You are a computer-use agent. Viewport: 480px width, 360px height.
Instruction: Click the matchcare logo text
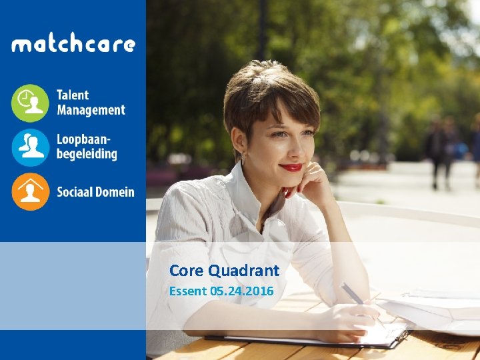pos(73,45)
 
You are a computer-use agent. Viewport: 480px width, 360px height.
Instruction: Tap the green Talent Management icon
pos(30,103)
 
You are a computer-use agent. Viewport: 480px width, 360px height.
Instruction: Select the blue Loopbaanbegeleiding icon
pos(30,147)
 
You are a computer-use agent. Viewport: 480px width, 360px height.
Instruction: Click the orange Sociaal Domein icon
pos(30,192)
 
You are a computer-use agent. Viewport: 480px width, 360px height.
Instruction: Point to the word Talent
pos(73,95)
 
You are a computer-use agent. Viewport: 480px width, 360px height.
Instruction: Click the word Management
pos(91,110)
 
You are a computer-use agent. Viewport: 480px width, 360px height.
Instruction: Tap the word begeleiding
pos(87,155)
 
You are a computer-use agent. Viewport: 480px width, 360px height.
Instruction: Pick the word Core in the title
pos(187,271)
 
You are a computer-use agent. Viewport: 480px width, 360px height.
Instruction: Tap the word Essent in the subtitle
pos(188,291)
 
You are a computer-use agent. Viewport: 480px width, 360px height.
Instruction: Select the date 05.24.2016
pos(241,291)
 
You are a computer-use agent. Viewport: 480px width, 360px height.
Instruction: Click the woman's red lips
pos(291,167)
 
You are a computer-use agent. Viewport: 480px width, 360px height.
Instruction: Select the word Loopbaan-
pos(84,140)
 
